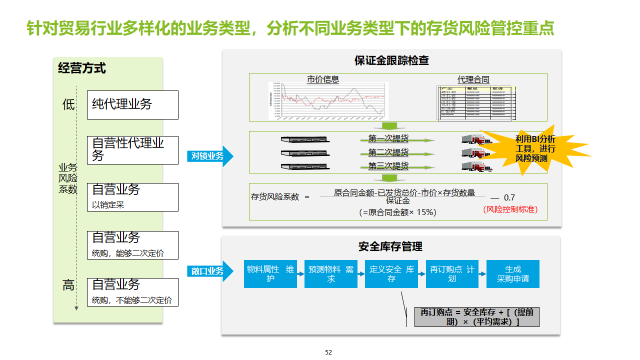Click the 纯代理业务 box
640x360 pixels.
tap(132, 105)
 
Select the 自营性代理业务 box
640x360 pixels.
tap(132, 150)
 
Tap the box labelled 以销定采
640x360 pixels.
tap(132, 197)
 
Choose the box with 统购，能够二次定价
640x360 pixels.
tap(132, 245)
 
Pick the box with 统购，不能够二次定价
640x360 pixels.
tap(132, 292)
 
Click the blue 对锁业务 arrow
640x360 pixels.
tap(210, 156)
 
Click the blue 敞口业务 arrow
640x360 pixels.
tap(210, 271)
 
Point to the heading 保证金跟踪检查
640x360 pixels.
tap(391, 61)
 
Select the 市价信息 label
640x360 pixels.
tap(322, 79)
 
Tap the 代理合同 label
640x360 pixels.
tap(473, 79)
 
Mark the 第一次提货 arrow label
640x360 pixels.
tap(388, 138)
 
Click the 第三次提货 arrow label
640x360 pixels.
tap(388, 165)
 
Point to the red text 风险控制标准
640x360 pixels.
tap(510, 209)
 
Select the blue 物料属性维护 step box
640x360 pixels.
tap(270, 274)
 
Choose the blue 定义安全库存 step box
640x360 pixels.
tap(391, 274)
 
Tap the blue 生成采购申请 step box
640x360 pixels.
tap(513, 274)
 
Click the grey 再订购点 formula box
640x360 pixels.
tap(476, 317)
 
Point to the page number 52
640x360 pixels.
tap(328, 352)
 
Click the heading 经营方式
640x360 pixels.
tap(82, 68)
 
